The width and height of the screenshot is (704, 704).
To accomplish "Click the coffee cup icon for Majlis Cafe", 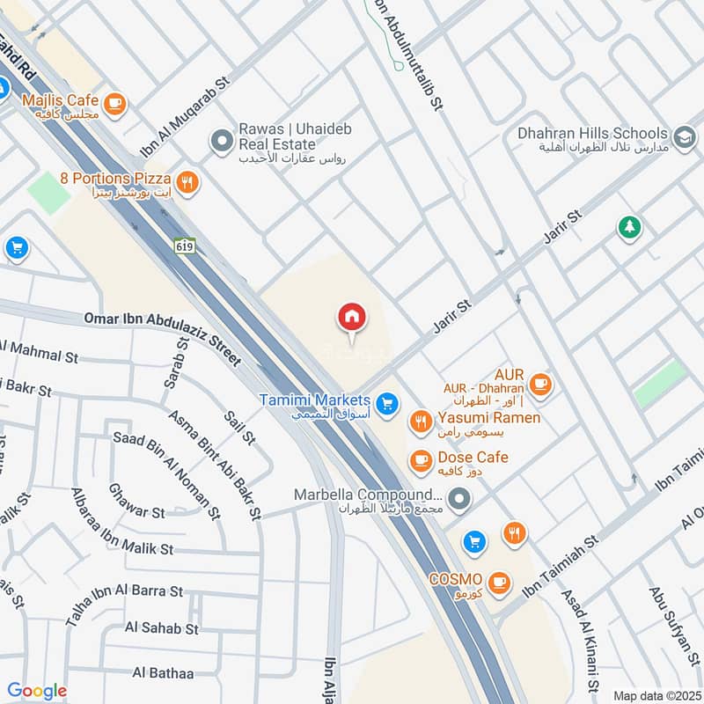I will pos(114,105).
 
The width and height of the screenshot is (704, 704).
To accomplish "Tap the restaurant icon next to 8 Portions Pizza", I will pos(187,183).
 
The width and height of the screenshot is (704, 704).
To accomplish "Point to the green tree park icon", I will pos(629,228).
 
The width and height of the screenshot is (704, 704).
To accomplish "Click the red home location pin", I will pos(352,318).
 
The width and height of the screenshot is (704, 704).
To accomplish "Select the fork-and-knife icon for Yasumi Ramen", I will pos(422,422).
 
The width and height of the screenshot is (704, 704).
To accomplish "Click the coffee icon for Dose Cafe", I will pos(422,459).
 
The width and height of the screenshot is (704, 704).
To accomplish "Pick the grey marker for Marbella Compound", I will pos(458,502).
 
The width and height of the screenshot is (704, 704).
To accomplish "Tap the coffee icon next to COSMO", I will pos(498,582).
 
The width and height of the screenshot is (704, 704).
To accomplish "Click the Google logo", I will pos(36,691).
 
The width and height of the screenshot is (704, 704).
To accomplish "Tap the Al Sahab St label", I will pos(162,628).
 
